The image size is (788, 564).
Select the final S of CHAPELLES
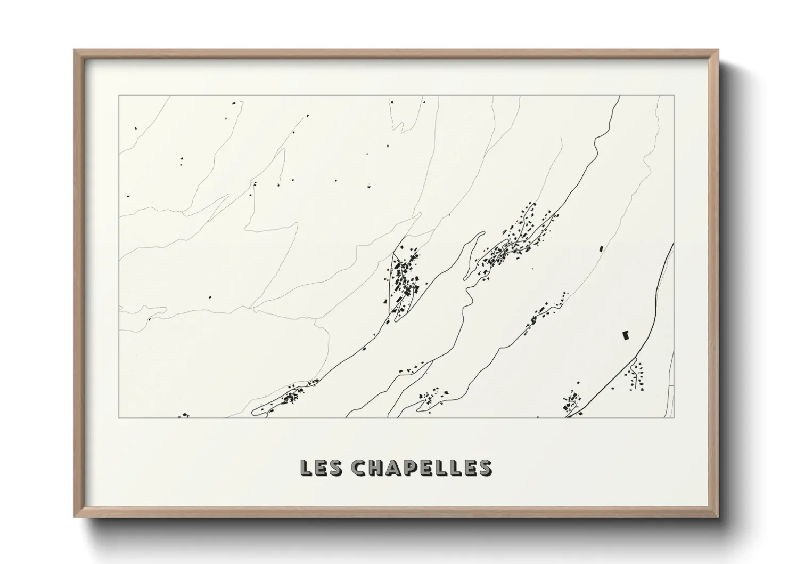(485, 467)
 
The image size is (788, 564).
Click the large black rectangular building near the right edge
(626, 335)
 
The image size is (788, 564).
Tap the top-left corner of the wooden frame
(75, 51)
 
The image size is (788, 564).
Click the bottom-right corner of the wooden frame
(717, 515)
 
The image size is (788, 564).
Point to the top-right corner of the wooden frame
(717, 51)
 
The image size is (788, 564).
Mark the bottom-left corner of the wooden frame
(75, 515)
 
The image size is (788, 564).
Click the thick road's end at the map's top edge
(619, 98)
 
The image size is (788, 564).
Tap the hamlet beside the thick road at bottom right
(573, 401)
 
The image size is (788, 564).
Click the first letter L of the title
(306, 467)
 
